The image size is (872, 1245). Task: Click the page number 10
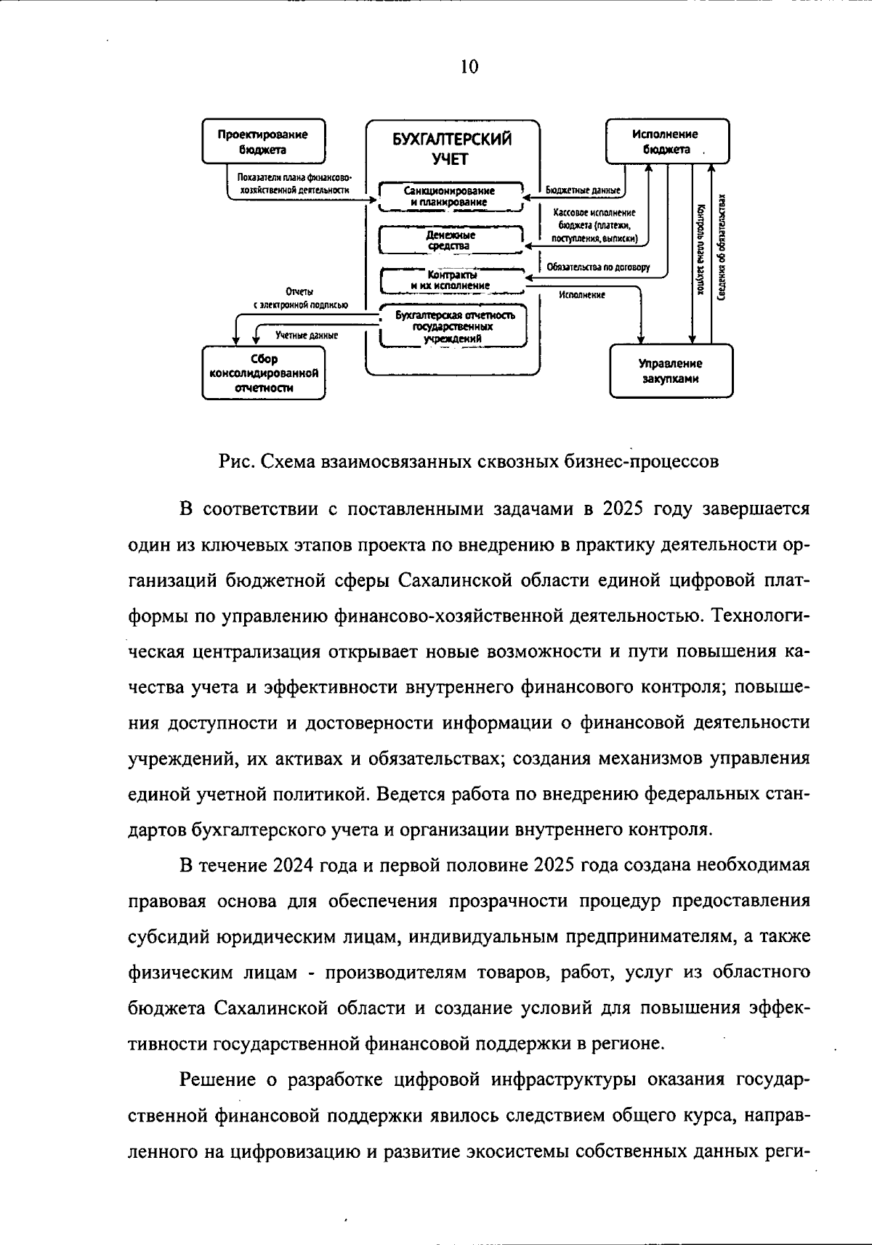pos(469,67)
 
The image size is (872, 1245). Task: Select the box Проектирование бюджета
pos(262,142)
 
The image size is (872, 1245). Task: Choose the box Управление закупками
pos(671,370)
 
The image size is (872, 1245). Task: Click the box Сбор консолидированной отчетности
pos(263,373)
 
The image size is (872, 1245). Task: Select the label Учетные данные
pos(306,336)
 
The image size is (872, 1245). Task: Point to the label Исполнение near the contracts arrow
pos(582,295)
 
